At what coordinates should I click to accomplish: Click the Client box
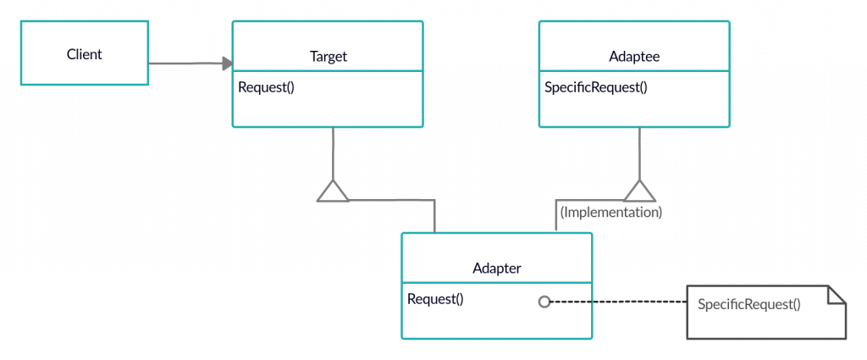pyautogui.click(x=84, y=54)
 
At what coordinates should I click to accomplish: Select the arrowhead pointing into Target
pyautogui.click(x=226, y=64)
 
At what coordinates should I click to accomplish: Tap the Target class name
pyautogui.click(x=328, y=57)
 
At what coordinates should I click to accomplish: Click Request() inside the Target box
pyautogui.click(x=266, y=86)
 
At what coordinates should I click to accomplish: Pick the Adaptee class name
pyautogui.click(x=634, y=57)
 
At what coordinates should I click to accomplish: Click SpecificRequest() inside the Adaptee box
pyautogui.click(x=595, y=86)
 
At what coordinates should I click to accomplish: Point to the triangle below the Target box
pyautogui.click(x=333, y=192)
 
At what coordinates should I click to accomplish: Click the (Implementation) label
pyautogui.click(x=610, y=213)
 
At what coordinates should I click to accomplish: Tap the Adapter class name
pyautogui.click(x=496, y=269)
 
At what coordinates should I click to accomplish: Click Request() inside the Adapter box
pyautogui.click(x=435, y=298)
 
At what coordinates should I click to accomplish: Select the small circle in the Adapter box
pyautogui.click(x=544, y=301)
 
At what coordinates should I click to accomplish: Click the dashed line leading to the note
pyautogui.click(x=627, y=301)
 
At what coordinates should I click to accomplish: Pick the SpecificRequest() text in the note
pyautogui.click(x=748, y=303)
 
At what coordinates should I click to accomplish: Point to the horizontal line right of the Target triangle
pyautogui.click(x=389, y=201)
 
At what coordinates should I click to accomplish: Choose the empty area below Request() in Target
pyautogui.click(x=327, y=110)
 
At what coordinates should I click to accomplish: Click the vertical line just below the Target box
pyautogui.click(x=334, y=152)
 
